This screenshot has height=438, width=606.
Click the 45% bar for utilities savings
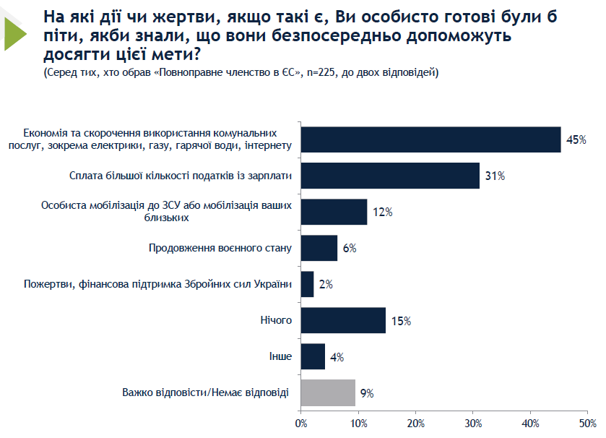tap(430, 139)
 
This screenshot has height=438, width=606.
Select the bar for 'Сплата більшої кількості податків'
tap(390, 176)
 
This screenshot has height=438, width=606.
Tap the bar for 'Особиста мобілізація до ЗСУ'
tap(334, 212)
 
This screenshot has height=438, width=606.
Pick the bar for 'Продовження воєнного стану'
tap(319, 248)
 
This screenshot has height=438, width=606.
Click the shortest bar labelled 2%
tap(307, 284)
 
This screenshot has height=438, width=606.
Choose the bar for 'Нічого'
tap(343, 320)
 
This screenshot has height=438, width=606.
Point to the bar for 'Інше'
tap(313, 356)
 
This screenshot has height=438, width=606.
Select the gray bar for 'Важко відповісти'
tap(328, 392)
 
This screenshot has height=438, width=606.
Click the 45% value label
tap(576, 139)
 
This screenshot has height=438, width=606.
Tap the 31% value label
tap(495, 176)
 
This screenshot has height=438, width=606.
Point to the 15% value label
tap(401, 320)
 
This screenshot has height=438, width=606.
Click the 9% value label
tap(367, 393)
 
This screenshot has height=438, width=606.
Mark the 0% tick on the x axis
tap(301, 423)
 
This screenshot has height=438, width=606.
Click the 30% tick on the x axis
tap(473, 423)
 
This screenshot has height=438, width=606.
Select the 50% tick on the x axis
tap(588, 423)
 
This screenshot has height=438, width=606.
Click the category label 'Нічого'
tap(276, 320)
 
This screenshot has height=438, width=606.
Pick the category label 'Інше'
tap(280, 356)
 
